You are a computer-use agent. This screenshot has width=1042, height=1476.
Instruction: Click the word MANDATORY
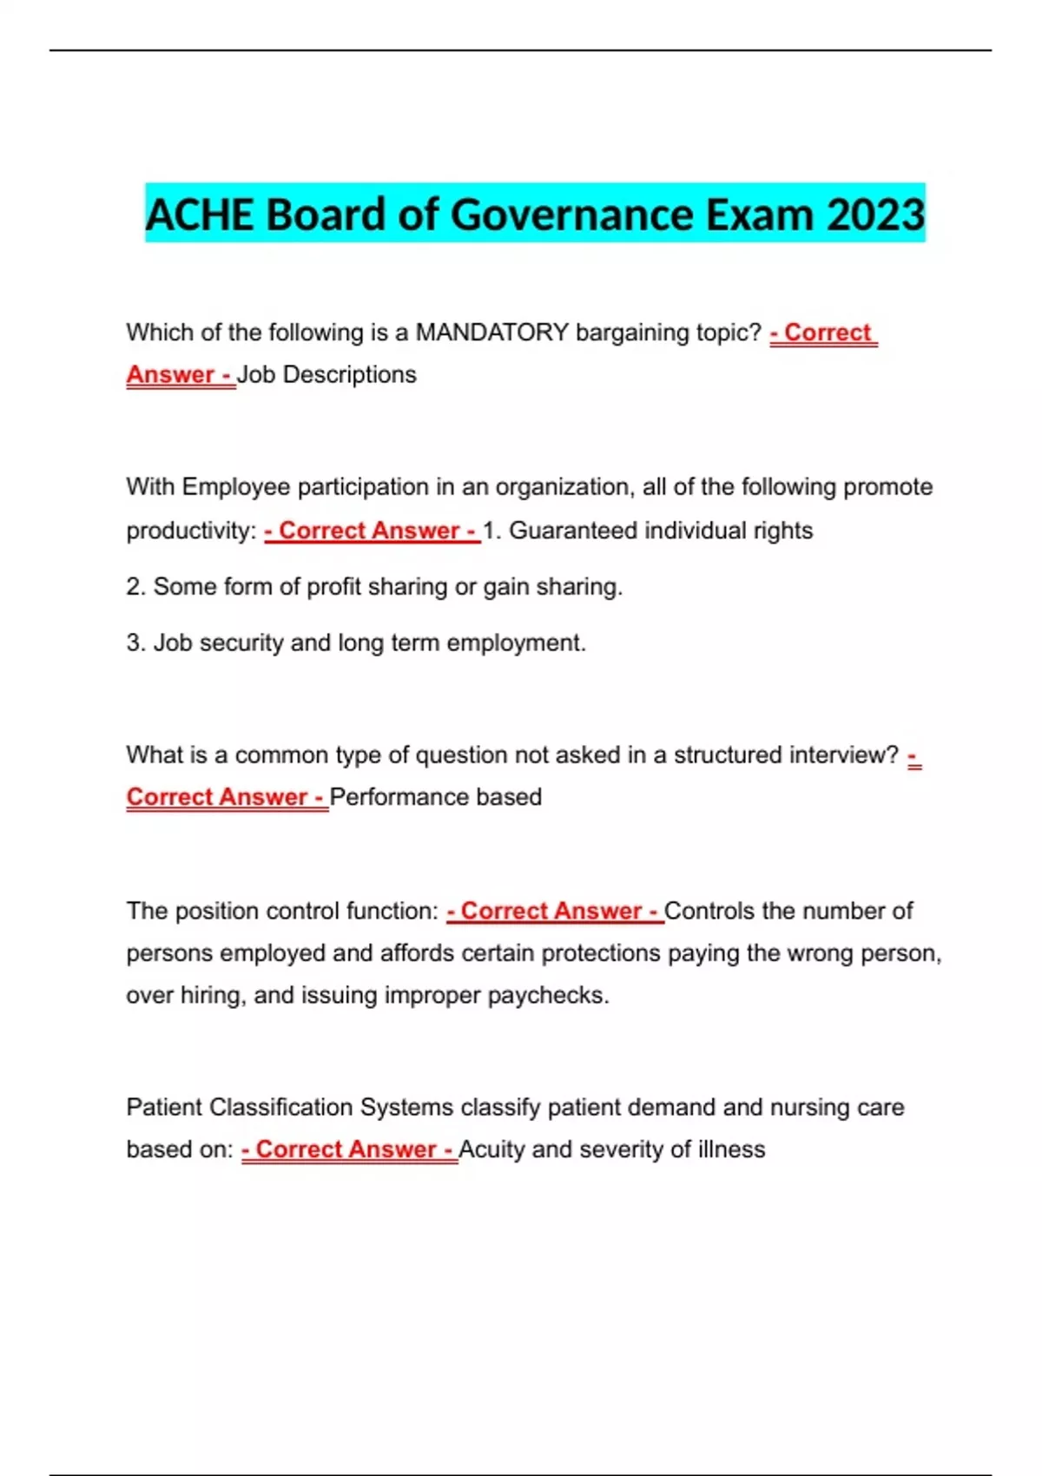492,333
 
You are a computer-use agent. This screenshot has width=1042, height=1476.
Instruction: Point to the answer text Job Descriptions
326,375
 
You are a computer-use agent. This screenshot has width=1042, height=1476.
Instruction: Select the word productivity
188,530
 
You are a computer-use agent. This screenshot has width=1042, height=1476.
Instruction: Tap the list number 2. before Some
135,587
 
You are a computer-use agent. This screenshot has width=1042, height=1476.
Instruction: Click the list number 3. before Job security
135,643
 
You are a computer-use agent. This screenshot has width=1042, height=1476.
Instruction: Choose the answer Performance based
436,797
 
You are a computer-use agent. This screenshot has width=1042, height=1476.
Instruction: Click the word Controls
709,911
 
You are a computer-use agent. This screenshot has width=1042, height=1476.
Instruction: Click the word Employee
235,487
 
